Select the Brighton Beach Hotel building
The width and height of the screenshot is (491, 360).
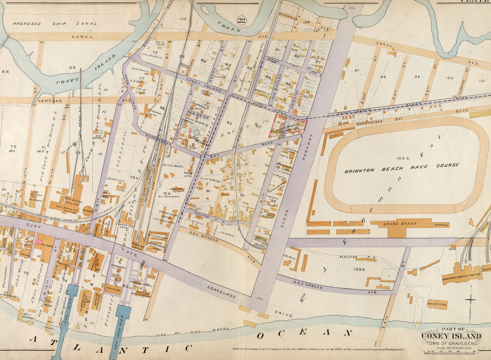462,274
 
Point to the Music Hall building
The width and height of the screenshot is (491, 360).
437,304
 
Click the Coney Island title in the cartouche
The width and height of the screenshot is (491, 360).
451,336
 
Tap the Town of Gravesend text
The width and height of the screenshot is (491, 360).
451,344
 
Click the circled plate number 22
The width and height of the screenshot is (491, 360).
242,20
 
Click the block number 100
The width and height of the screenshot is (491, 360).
449,77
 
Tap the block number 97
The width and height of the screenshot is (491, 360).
356,71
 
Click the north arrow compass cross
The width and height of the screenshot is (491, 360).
471,300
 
